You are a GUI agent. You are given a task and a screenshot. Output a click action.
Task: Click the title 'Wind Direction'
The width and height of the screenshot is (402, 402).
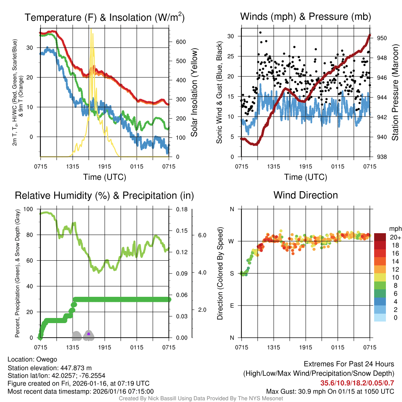point(305,195)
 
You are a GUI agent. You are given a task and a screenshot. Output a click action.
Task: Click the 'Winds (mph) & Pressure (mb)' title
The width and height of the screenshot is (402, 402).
point(305,17)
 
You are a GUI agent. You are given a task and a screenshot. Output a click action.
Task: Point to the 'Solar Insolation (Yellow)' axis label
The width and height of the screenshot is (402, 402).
point(194,93)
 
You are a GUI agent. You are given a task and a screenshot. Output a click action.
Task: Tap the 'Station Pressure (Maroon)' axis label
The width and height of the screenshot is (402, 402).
point(395,93)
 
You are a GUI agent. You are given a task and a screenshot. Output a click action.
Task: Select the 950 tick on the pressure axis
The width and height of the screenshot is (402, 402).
point(382,38)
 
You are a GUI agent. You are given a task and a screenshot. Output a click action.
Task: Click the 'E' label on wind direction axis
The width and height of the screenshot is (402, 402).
point(232,305)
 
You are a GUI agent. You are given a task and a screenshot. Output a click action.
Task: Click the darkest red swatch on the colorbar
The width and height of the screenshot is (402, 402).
point(380,237)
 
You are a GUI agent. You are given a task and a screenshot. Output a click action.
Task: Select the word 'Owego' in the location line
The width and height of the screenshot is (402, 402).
point(47,359)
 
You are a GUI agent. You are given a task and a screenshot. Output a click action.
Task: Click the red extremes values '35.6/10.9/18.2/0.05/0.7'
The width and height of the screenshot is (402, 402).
point(357,383)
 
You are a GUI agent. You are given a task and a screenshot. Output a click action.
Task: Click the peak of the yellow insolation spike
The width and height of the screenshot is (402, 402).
point(91,29)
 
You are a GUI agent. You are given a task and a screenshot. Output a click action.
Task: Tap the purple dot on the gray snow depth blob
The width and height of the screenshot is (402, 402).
point(89,334)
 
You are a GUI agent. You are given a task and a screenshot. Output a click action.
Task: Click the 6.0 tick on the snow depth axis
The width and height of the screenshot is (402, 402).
point(202,235)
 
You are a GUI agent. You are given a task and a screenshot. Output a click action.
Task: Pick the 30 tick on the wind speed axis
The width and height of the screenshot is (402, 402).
point(231,36)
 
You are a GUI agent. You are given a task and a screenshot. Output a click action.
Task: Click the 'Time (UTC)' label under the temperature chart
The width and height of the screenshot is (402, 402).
point(105,177)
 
